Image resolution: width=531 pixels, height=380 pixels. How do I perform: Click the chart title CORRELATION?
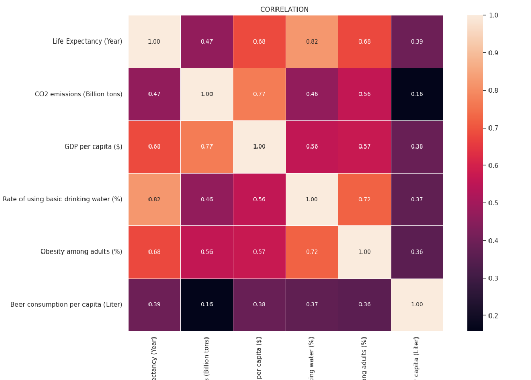pos(284,9)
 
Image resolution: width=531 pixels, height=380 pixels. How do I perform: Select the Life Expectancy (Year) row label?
pos(87,41)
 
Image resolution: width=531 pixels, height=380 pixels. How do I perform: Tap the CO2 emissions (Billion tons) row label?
pos(78,94)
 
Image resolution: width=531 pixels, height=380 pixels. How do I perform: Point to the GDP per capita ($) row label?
pos(93,146)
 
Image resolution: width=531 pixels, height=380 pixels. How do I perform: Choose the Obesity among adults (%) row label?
pos(81,251)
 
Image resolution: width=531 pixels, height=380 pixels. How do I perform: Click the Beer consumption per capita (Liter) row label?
pos(66,304)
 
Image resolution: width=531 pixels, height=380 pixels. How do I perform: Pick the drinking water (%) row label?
pos(62,199)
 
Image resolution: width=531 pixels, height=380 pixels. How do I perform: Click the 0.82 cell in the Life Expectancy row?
pos(312,41)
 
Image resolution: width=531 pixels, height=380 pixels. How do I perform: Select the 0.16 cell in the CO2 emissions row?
pos(417,94)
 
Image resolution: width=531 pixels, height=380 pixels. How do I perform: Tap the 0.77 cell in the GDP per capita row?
pos(206,146)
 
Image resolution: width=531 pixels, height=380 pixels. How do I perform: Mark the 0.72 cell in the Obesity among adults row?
pos(312,251)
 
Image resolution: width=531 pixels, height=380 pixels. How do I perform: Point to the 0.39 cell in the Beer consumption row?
pos(154,304)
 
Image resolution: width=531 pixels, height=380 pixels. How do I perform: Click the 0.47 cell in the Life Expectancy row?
pos(206,41)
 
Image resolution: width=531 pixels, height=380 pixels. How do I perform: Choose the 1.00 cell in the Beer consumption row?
pos(417,304)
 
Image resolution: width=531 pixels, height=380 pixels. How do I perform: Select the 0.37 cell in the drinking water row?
pos(417,199)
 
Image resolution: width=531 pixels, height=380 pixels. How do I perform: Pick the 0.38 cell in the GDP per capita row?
pos(417,146)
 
